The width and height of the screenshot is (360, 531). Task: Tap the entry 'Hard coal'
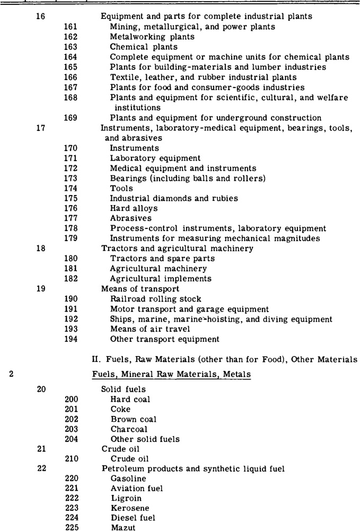pos(130,399)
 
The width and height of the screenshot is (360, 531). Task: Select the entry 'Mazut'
pos(124,520)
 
